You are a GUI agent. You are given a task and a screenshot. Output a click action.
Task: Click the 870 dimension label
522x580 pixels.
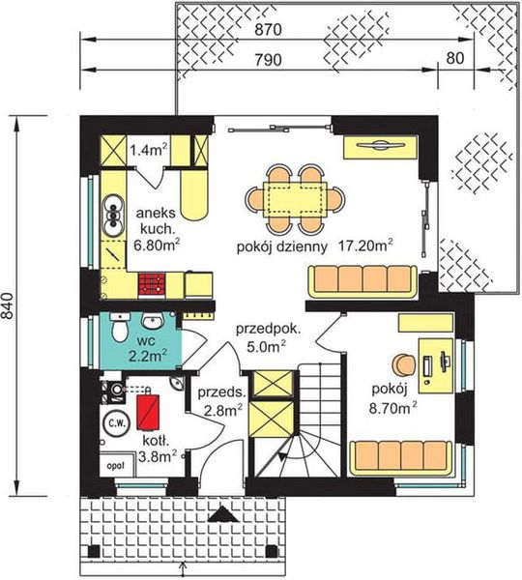click(x=268, y=30)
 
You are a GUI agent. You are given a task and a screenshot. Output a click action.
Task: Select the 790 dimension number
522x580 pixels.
click(x=268, y=60)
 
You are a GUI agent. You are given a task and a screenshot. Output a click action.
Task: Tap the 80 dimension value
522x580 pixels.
click(x=455, y=58)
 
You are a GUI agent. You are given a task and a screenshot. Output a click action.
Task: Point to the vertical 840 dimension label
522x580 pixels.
click(x=7, y=305)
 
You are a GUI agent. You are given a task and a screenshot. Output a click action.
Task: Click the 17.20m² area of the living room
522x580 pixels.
click(x=365, y=246)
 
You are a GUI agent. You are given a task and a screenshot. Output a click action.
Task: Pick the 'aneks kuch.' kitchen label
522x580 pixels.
click(x=156, y=221)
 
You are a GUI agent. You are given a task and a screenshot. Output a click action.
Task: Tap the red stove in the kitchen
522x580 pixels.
click(x=152, y=284)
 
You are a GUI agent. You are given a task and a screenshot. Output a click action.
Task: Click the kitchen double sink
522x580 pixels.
click(x=113, y=216)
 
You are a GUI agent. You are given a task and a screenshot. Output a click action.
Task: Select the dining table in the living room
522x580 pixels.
click(x=295, y=199)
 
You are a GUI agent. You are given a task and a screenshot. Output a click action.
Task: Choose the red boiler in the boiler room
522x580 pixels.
click(x=148, y=412)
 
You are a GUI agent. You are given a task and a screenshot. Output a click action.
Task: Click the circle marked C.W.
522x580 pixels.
click(x=117, y=423)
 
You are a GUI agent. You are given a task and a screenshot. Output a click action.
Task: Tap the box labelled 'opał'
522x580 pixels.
click(x=116, y=465)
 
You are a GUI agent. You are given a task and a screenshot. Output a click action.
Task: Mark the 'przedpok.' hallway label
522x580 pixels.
click(x=268, y=329)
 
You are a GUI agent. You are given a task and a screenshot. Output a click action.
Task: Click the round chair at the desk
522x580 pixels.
click(x=405, y=364)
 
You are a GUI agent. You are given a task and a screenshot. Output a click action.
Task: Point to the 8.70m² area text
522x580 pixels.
click(x=392, y=408)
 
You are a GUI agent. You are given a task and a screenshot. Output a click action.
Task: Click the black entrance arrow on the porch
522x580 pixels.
click(x=223, y=514)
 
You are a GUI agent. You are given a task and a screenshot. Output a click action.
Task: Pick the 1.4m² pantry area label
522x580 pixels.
click(x=148, y=150)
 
